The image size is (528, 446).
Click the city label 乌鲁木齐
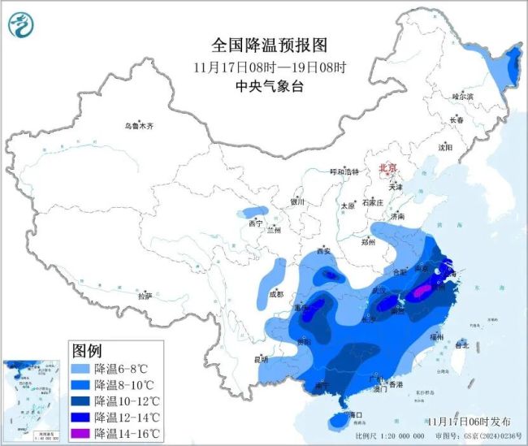(138, 126)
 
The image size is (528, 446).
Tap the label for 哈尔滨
(462, 96)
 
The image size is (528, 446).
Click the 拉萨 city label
(145, 297)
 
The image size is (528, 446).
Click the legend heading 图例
(87, 352)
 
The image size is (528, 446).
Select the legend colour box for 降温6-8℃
(81, 369)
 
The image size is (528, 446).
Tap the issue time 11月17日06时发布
(470, 421)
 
